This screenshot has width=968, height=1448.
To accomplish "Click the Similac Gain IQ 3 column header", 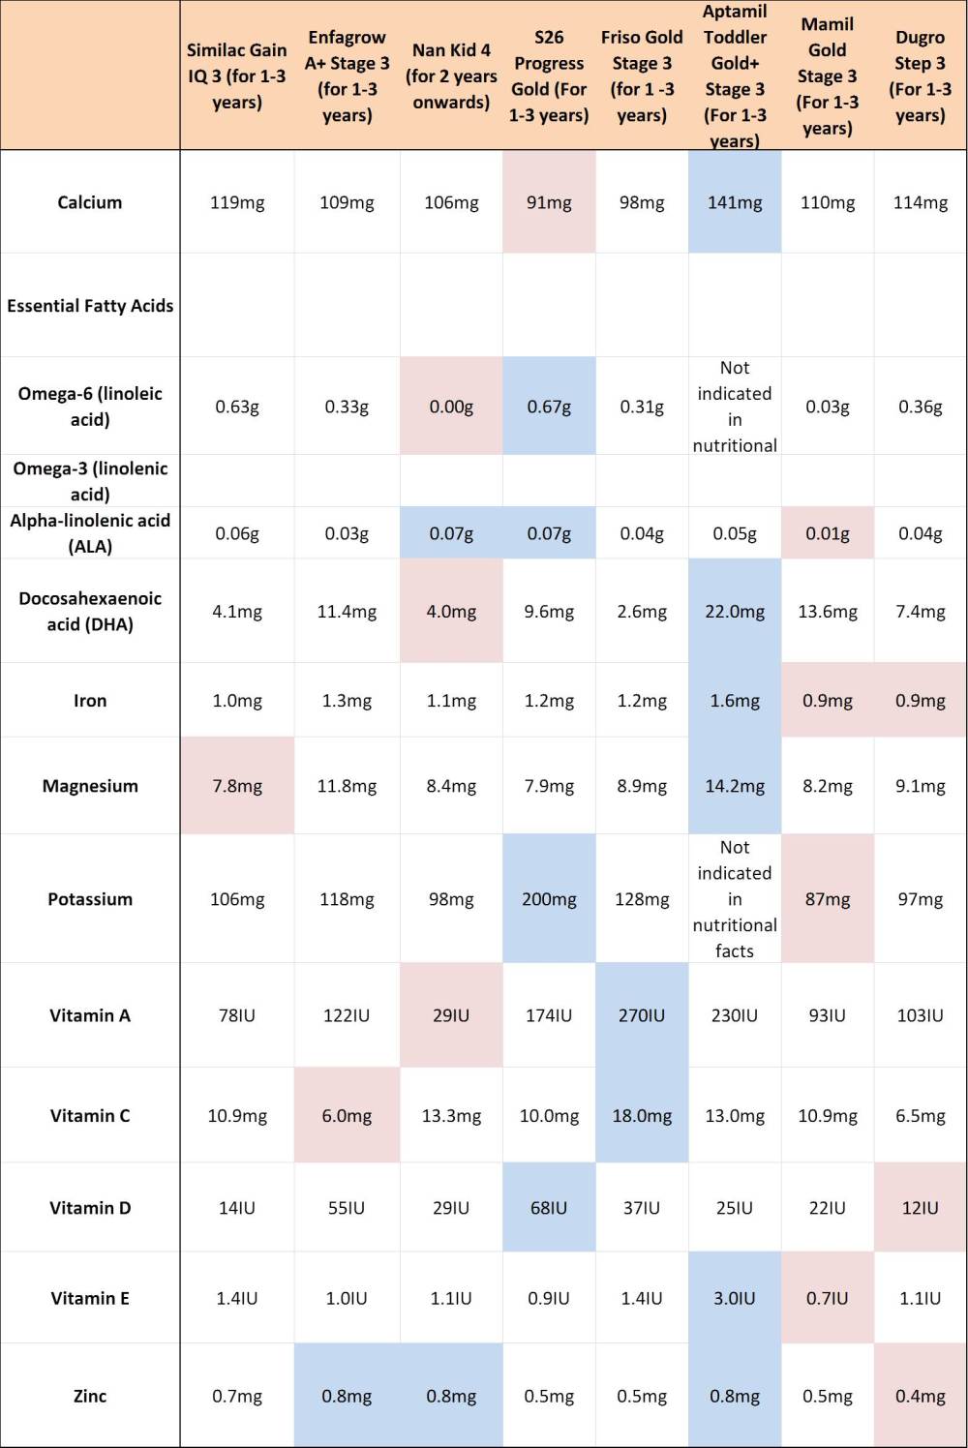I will (x=237, y=75).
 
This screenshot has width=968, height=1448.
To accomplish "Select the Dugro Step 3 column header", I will (x=920, y=75).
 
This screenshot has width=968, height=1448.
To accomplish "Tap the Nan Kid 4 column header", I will (x=451, y=75).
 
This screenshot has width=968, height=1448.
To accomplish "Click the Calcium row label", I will (x=90, y=202).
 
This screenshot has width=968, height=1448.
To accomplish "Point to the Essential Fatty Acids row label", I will (x=90, y=306).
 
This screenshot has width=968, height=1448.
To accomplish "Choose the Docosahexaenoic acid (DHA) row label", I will (x=90, y=611).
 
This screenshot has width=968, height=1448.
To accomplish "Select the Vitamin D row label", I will (x=90, y=1208).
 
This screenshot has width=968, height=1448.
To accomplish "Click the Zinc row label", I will (x=90, y=1396).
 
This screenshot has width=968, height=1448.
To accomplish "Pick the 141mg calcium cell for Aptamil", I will (x=735, y=202).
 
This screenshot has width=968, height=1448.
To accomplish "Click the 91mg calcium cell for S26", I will (x=549, y=202).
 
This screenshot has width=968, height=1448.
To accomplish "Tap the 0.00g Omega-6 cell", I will (x=451, y=407).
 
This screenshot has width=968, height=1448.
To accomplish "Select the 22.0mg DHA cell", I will (x=735, y=612).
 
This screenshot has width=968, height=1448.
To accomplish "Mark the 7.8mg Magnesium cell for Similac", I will (x=237, y=786).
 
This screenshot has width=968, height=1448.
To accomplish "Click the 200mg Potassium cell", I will (x=549, y=899).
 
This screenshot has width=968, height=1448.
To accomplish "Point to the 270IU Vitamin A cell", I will (x=642, y=1015).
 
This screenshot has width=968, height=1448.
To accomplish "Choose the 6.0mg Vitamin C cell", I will (x=347, y=1116).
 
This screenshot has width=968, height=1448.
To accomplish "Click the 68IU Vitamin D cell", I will (x=549, y=1208).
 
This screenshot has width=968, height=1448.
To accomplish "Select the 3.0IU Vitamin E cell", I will (x=735, y=1298).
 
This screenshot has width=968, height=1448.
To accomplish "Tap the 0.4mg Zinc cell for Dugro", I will (x=920, y=1396).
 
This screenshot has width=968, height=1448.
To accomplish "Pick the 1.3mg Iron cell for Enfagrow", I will (x=347, y=701).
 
